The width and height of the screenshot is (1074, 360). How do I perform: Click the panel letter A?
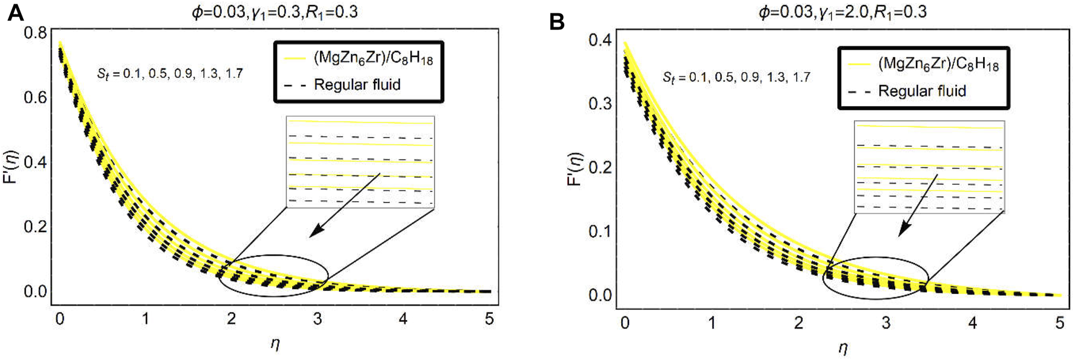(15, 13)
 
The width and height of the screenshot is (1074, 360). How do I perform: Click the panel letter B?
(556, 22)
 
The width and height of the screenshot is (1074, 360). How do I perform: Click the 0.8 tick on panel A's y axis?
(35, 33)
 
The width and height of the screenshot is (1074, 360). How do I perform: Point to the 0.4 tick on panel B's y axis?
(599, 40)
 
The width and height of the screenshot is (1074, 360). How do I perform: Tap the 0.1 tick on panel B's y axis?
(599, 231)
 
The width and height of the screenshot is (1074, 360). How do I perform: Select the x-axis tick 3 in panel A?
(317, 319)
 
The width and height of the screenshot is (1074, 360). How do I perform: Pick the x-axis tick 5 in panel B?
(1059, 323)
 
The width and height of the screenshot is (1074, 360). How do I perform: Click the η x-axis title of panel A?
(275, 344)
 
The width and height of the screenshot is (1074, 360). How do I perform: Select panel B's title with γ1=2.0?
(842, 12)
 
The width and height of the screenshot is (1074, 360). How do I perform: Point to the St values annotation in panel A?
(170, 74)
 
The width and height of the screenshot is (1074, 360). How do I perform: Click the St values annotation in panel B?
(736, 78)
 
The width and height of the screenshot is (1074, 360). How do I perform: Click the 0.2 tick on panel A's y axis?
(35, 226)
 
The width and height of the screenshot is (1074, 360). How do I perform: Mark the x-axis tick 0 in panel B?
(625, 323)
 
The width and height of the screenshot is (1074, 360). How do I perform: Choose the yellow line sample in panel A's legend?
(295, 58)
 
